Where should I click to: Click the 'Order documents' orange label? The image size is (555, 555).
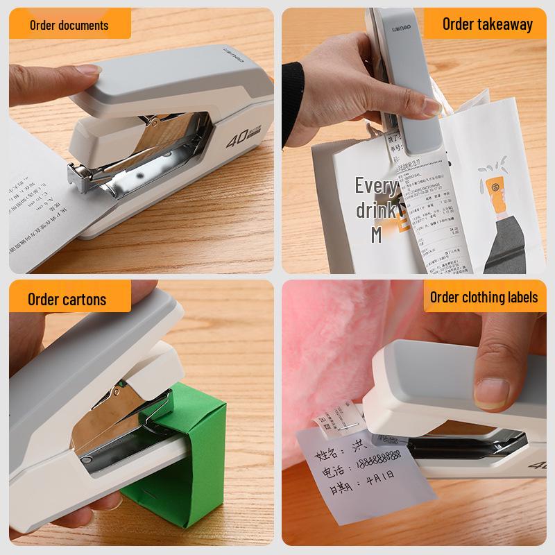tap(69, 26)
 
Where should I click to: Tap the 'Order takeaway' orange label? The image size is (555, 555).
tap(488, 24)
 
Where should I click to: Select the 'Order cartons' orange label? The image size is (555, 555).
tap(67, 300)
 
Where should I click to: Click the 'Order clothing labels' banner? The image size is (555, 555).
tap(484, 298)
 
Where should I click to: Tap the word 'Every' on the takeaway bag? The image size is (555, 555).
tap(376, 186)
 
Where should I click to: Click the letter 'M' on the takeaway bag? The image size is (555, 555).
tap(376, 234)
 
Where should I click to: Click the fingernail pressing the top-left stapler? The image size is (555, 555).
tap(89, 70)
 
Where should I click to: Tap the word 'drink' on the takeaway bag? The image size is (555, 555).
tap(376, 210)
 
